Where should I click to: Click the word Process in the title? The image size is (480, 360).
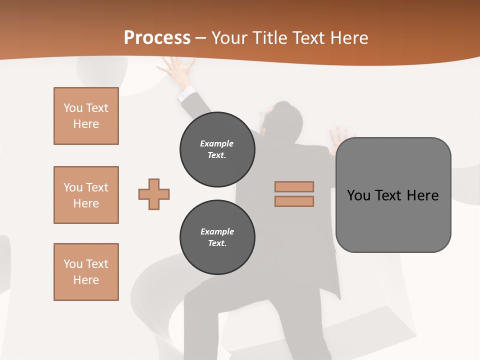tap(157, 38)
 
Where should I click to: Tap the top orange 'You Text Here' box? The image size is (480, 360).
tap(86, 116)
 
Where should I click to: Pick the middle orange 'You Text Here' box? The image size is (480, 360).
tap(86, 195)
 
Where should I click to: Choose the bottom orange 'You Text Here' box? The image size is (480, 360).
tap(86, 272)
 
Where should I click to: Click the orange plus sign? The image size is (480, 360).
tap(154, 194)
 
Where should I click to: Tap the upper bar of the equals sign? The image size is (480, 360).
tap(294, 187)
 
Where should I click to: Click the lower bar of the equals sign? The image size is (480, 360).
tap(294, 201)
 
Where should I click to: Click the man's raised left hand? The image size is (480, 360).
tap(179, 67)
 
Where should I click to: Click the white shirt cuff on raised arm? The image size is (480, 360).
tap(186, 93)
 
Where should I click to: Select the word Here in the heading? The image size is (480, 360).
tap(348, 38)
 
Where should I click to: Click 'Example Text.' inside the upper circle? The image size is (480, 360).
tap(217, 149)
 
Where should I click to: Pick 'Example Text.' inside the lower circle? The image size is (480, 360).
tap(217, 237)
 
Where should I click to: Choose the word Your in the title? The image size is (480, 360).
tap(230, 38)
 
